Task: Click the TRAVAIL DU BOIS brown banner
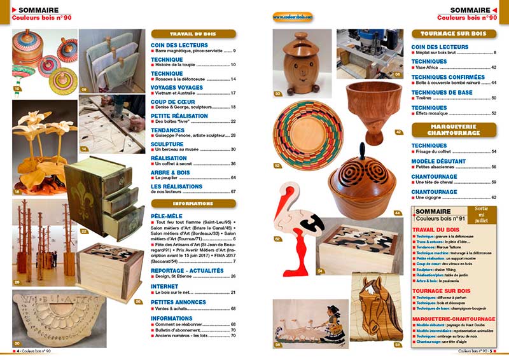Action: pos(193,34)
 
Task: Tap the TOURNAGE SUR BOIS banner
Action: pos(453,34)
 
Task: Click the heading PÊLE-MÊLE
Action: pos(167,217)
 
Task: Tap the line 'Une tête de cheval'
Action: pos(438,182)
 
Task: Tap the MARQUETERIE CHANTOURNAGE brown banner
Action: pos(453,130)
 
